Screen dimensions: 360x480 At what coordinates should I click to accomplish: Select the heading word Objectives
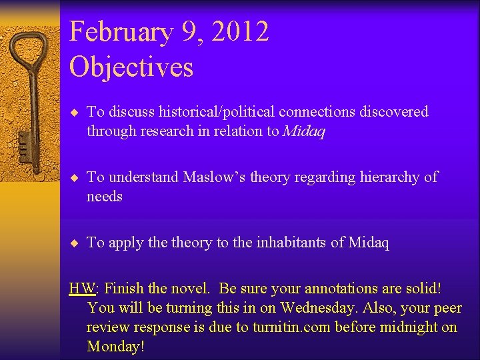point(131,67)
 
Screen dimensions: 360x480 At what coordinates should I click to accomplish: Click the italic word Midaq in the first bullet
point(304,131)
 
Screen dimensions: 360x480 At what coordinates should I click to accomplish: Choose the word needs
point(105,197)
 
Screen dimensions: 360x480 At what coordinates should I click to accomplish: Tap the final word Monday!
point(115,347)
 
